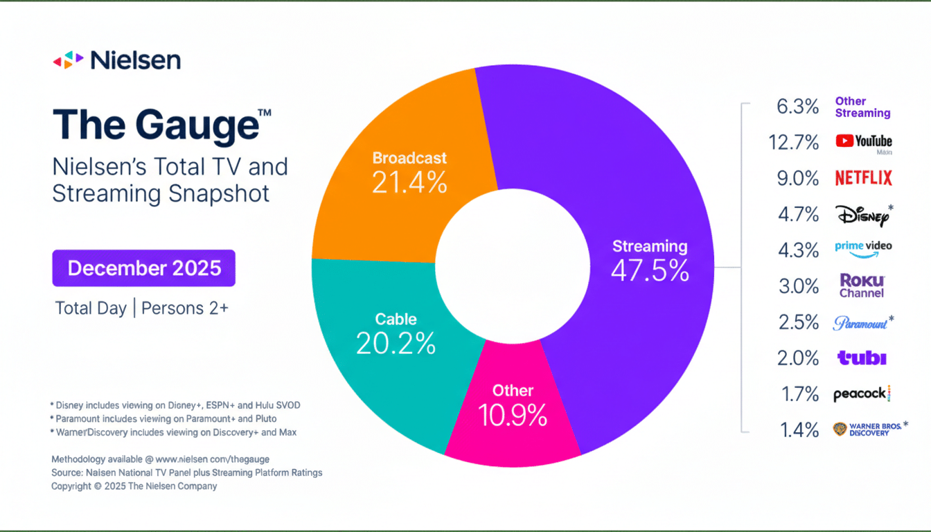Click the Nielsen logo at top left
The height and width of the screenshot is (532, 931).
(116, 60)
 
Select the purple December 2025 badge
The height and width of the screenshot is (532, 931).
(144, 268)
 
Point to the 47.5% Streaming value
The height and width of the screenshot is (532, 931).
(650, 271)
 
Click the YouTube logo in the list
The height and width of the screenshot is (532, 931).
(863, 141)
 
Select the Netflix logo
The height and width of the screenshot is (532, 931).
(863, 178)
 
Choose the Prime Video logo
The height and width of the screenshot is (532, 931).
(863, 249)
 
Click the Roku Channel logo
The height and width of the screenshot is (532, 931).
(862, 285)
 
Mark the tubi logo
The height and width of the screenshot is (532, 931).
(862, 358)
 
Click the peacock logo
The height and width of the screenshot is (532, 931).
(861, 394)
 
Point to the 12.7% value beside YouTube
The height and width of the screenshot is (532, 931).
(794, 143)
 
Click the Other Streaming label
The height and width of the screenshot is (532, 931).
(862, 107)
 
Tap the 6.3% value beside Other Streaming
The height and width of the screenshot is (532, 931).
(798, 107)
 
